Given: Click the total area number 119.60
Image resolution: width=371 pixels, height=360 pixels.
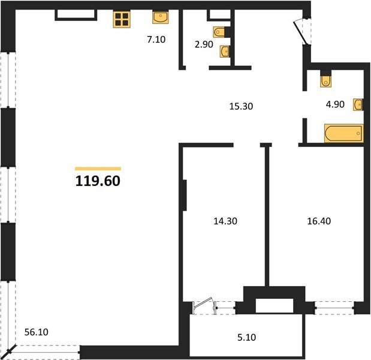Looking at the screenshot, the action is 98,181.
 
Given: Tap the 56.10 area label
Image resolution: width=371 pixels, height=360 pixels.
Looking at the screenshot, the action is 37,332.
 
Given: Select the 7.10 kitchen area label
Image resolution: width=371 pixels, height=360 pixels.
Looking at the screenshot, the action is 156,40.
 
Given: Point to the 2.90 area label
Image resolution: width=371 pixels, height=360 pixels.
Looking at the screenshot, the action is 204,44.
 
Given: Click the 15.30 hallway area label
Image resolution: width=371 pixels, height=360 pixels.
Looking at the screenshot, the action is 241,106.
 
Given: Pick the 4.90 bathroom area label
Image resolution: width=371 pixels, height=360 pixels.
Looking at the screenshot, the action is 335,104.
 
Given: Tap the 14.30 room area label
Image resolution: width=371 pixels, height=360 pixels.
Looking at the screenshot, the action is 225,221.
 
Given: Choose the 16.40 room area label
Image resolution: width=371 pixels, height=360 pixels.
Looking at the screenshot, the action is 319,221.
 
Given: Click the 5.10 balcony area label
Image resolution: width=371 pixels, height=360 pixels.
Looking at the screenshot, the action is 246,337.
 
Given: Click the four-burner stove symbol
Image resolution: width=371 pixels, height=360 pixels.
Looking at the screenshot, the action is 122,19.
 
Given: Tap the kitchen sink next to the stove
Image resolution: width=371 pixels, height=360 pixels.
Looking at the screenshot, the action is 161,17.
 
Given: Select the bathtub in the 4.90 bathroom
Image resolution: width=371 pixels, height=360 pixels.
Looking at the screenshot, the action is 344,134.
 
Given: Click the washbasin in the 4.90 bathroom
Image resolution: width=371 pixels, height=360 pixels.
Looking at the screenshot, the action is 358,104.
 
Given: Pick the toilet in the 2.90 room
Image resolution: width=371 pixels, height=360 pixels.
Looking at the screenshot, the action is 219,32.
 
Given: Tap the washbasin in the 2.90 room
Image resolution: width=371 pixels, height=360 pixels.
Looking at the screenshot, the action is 225,52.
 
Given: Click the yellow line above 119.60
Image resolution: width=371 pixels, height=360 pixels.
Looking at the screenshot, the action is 98,169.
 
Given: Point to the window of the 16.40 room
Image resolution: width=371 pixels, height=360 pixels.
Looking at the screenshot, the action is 334,308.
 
